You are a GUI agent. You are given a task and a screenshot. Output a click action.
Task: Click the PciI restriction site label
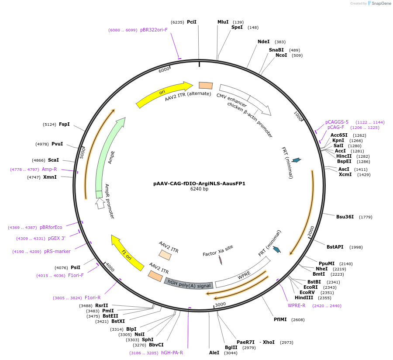pyautogui.click(x=191, y=22)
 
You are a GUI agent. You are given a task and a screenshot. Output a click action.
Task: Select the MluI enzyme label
pyautogui.click(x=223, y=22)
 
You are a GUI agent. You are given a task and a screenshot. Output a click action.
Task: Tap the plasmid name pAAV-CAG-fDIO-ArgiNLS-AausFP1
pyautogui.click(x=199, y=183)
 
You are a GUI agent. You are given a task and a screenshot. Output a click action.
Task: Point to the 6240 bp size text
pyautogui.click(x=199, y=189)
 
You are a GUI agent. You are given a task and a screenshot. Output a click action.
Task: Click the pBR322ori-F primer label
pyautogui.click(x=154, y=30)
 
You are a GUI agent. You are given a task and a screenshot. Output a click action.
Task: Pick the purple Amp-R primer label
pyautogui.click(x=49, y=169)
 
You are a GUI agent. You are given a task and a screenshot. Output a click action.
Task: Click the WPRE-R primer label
pyautogui.click(x=296, y=305)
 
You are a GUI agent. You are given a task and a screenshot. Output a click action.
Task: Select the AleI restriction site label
pyautogui.click(x=214, y=353)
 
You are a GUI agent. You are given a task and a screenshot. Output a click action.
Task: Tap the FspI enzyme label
pyautogui.click(x=64, y=124)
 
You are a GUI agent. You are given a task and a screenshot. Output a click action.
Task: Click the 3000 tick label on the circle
pyautogui.click(x=220, y=304)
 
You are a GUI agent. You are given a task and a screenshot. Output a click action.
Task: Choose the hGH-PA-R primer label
pyautogui.click(x=172, y=353)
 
